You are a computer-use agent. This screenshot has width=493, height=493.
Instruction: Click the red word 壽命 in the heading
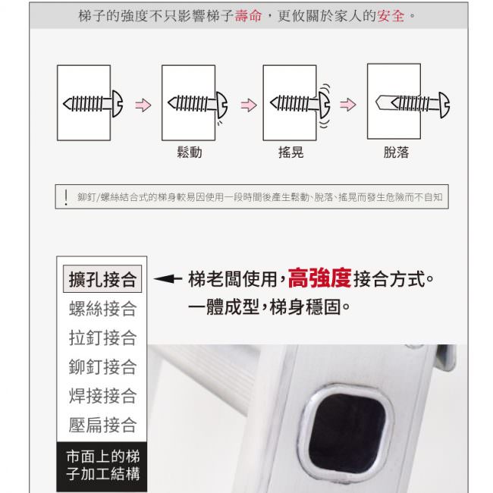[x=248, y=16]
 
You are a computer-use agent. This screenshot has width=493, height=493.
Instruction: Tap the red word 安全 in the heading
[x=391, y=16]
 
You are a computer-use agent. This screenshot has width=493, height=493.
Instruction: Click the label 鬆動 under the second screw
[x=190, y=152]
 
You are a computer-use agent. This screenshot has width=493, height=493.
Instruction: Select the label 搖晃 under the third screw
[x=290, y=152]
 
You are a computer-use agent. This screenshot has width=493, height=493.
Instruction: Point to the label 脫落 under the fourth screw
[x=396, y=152]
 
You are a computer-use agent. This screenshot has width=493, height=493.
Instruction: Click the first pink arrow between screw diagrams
[x=143, y=105]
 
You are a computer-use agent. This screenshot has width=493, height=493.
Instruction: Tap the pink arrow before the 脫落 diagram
[x=347, y=105]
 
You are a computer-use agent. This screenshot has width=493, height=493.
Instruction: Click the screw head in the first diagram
[x=118, y=104]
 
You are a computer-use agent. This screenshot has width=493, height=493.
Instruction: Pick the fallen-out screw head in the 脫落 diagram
[x=444, y=105]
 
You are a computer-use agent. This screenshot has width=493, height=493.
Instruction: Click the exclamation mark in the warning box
[x=66, y=197]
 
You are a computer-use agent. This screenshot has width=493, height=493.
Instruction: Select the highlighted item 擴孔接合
[x=102, y=279]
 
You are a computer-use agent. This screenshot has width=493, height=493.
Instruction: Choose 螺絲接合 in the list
[x=102, y=309]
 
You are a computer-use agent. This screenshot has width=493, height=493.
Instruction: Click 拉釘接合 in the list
[x=102, y=338]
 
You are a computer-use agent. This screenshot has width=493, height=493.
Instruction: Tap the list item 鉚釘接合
[x=102, y=366]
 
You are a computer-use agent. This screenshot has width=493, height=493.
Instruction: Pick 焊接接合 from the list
[x=102, y=395]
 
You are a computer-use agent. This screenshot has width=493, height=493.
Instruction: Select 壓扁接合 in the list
[x=102, y=425]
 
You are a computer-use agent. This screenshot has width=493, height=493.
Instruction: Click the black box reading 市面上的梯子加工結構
[x=102, y=466]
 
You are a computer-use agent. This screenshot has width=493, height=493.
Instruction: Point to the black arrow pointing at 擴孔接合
[x=168, y=278]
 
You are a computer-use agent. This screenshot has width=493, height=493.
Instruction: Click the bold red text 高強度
[x=319, y=278]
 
